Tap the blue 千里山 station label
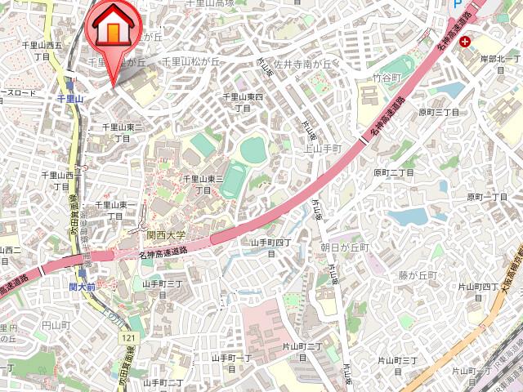click(x=72, y=98)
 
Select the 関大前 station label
click(x=82, y=287)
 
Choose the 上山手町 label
click(x=321, y=149)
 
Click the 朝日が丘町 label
click(x=345, y=247)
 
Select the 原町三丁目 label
click(x=440, y=112)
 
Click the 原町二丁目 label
click(x=396, y=173)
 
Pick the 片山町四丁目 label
click(x=478, y=292)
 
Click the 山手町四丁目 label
click(x=270, y=247)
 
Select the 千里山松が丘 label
click(x=191, y=61)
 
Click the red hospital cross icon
click(x=465, y=41)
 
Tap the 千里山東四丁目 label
click(x=244, y=102)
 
